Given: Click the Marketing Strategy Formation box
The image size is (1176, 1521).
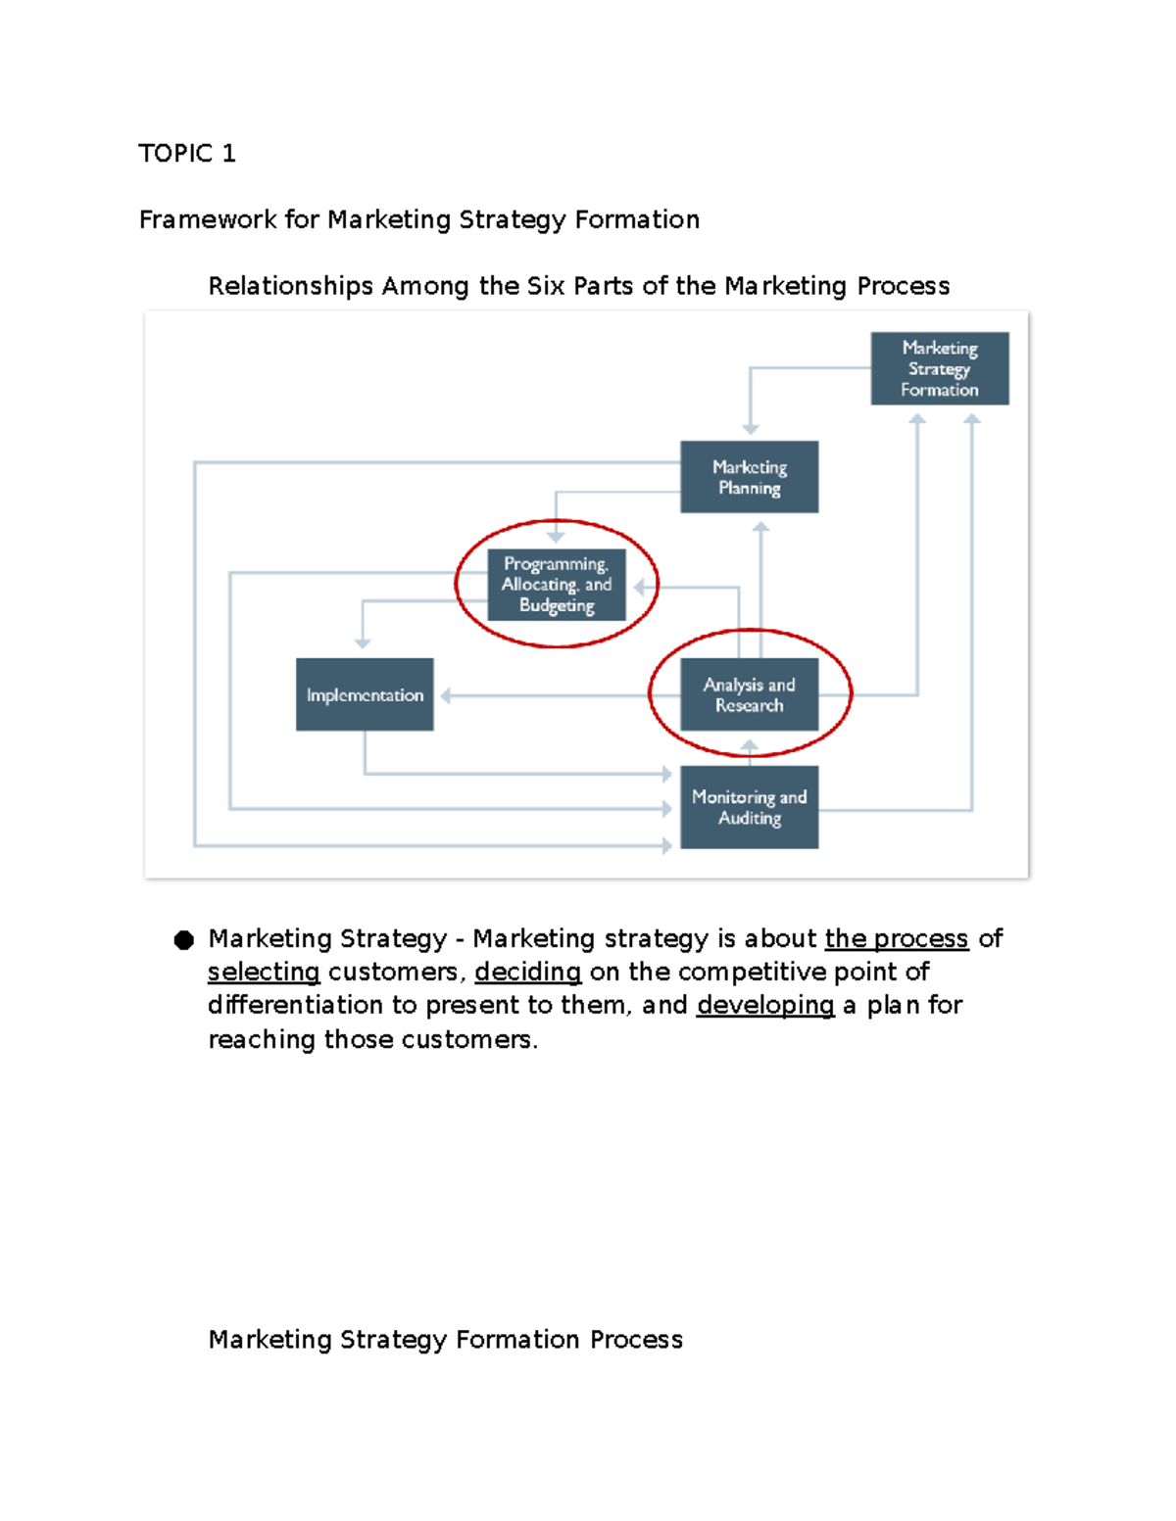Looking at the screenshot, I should pos(939,368).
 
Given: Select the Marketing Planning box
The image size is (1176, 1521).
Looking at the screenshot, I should pos(749,477).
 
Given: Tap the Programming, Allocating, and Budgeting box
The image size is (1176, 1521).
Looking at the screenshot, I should pos(556,585).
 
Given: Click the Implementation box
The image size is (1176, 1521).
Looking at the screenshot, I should pos(365,694).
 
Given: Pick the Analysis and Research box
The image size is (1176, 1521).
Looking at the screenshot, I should pos(749,694).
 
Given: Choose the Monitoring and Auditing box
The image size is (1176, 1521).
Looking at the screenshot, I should pos(749,807).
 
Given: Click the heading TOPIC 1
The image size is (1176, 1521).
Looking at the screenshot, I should pos(186,154).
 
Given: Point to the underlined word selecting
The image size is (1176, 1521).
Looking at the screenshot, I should pos(264,972).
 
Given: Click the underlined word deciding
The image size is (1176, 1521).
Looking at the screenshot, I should pos(527,972).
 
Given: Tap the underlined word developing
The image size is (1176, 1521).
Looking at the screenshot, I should pos(764,1005).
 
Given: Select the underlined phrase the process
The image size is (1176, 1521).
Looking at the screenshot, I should pos(896,938).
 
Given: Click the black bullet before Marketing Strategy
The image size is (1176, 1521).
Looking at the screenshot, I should pos(183,940).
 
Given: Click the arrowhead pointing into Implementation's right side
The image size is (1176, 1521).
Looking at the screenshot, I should pos(446,695).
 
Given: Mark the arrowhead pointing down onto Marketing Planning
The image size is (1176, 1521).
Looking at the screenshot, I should pos(751,429).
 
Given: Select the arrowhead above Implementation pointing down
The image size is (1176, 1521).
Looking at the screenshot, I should pos(363,643).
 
